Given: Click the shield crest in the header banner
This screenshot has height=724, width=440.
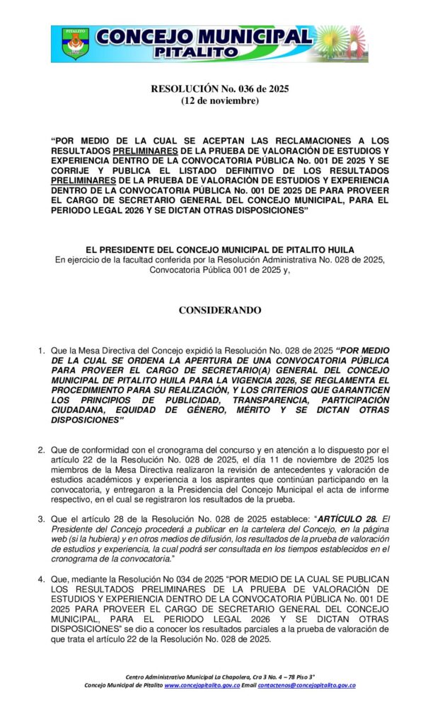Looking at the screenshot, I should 74,44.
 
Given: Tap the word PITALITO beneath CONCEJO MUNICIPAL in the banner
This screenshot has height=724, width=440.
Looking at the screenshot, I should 204,52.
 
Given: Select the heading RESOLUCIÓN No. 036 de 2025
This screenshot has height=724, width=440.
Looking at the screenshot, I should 220,89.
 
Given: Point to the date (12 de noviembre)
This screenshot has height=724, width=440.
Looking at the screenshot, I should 220,101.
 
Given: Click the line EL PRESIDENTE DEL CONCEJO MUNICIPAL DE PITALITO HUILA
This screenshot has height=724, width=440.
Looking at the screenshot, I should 220,250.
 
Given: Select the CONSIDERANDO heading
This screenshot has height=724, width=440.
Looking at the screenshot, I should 220,310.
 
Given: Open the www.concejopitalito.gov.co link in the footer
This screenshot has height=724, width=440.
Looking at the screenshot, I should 202,685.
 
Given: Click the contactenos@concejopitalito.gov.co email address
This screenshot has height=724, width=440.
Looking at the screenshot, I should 306,685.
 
